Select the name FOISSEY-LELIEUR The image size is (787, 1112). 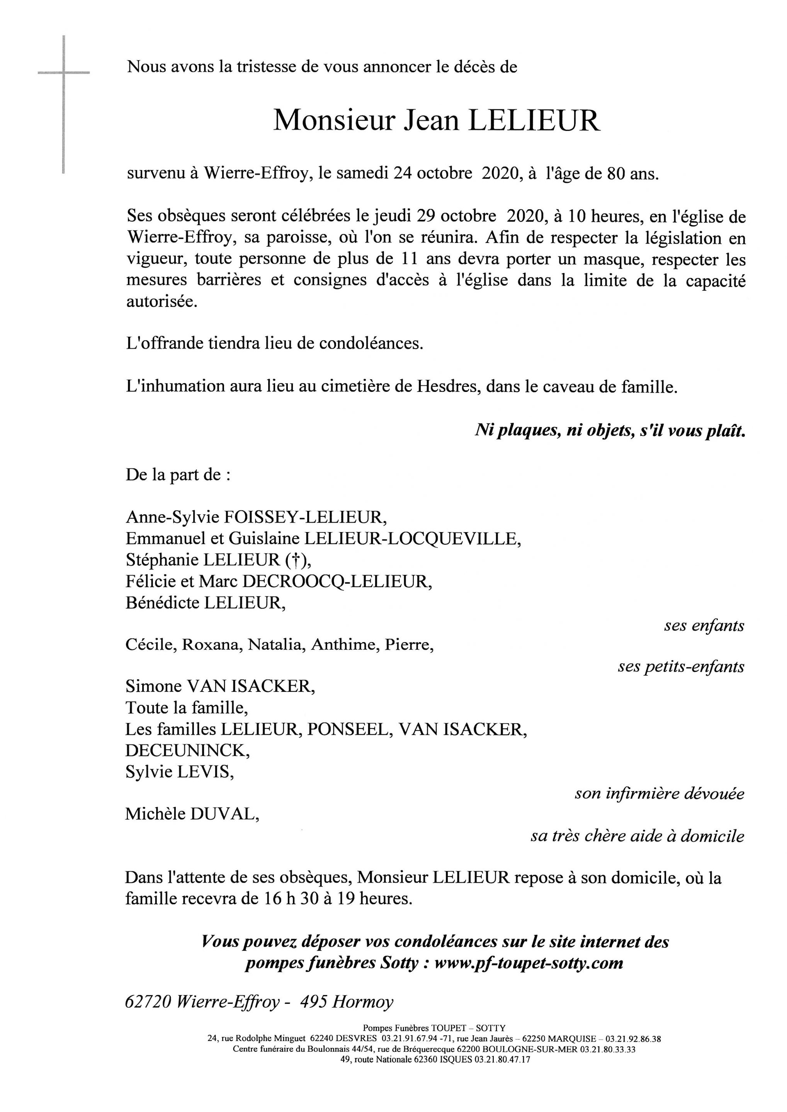coord(305,518)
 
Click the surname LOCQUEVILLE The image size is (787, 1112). coord(473,539)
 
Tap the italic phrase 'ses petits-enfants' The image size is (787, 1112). coord(680,667)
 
